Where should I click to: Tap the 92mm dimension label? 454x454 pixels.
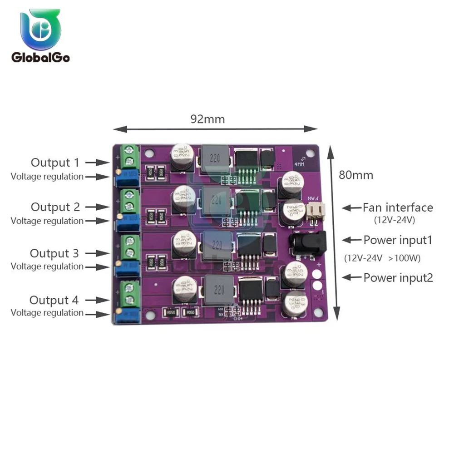pos(207,119)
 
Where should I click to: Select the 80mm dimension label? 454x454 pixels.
pos(356,175)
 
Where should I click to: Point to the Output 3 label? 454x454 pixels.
pos(54,253)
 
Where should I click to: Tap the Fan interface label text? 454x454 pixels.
pos(398,207)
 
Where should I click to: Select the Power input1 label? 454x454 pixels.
pos(398,240)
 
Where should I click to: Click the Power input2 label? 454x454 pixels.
pos(398,277)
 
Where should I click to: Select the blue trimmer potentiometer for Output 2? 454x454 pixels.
pos(128,224)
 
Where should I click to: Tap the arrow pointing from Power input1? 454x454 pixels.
pos(351,240)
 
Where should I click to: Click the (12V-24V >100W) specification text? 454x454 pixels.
pos(382,258)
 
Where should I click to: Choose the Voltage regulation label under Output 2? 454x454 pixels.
pos(47,221)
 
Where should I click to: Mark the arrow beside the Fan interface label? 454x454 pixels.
pos(351,207)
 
